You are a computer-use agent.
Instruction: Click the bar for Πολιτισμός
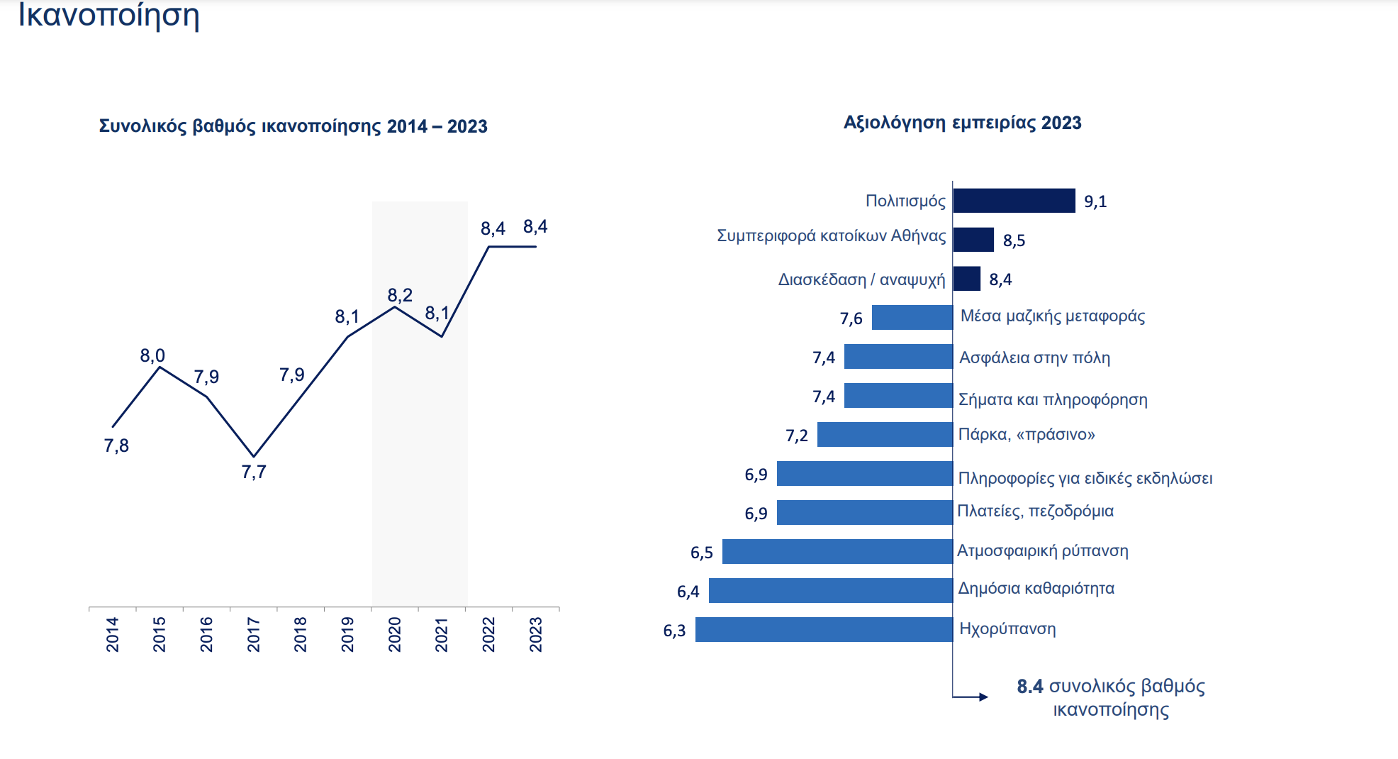[x=1014, y=201]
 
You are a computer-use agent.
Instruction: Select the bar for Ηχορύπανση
[x=824, y=629]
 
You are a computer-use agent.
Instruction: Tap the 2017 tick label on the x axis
[x=253, y=634]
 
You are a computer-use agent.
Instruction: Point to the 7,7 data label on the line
[x=254, y=472]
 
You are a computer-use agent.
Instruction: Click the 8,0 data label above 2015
[x=152, y=355]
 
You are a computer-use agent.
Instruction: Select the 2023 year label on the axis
[x=535, y=634]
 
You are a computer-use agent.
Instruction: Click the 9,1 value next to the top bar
[x=1095, y=201]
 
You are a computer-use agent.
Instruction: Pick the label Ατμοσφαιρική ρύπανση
[x=1042, y=550]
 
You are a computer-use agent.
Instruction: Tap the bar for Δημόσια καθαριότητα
[x=830, y=590]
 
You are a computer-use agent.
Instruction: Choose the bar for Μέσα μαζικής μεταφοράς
[x=912, y=317]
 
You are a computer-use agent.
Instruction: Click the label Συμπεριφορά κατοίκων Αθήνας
[x=831, y=236]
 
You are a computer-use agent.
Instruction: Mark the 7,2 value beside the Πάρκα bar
[x=797, y=436]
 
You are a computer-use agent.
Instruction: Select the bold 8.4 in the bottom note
[x=1030, y=686]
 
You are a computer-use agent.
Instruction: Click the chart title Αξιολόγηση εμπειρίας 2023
[x=962, y=123]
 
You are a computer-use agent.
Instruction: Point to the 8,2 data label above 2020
[x=400, y=295]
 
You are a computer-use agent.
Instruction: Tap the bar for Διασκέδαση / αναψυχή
[x=966, y=279]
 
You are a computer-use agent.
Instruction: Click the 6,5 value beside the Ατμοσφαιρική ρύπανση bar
[x=702, y=553]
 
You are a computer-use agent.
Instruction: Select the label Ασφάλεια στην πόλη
[x=1034, y=358]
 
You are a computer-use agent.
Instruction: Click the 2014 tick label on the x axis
[x=112, y=634]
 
